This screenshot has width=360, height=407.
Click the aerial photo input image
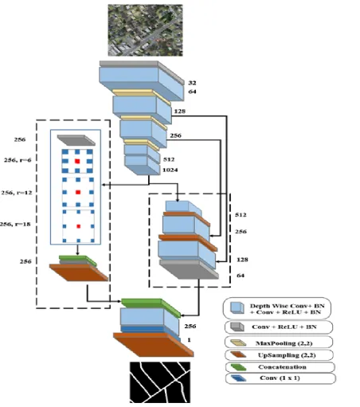[x=145, y=30]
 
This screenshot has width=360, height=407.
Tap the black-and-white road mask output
[x=160, y=382]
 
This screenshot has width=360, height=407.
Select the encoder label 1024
[x=170, y=170]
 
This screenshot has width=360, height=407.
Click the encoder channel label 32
[x=192, y=83]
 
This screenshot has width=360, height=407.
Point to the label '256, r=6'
[x=18, y=160]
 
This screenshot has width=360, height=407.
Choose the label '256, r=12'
[x=17, y=193]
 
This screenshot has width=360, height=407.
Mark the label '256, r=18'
[x=15, y=224]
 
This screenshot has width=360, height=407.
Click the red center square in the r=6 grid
[x=77, y=161]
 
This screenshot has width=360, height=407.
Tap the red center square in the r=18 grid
[x=79, y=226]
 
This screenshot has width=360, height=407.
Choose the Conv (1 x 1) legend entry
[x=280, y=378]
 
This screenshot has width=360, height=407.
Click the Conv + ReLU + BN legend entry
[x=279, y=327]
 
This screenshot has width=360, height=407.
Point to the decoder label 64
[x=241, y=276]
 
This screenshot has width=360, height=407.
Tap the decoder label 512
[x=241, y=214]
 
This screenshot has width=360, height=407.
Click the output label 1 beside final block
[x=189, y=340]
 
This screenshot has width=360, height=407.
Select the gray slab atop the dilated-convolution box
[x=76, y=140]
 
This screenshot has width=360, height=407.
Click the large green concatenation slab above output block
[x=151, y=307]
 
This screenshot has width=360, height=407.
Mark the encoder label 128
[x=180, y=112]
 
